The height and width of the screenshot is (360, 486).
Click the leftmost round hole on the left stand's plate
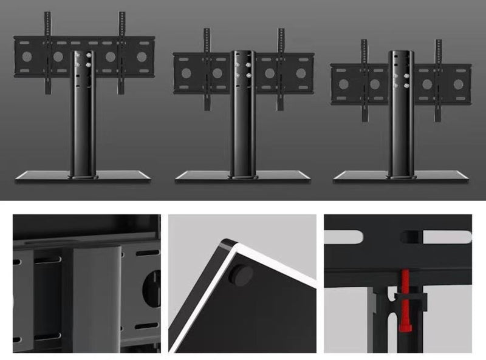point(26,57)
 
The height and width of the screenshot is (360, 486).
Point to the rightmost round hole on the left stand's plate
point(142,57)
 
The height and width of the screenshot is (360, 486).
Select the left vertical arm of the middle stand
point(207,67)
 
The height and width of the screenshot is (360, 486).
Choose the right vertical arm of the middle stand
point(281,67)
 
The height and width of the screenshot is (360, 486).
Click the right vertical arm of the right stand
point(438,79)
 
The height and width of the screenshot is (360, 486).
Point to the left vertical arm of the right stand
point(364,79)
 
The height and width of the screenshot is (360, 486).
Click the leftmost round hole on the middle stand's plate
point(187,73)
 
